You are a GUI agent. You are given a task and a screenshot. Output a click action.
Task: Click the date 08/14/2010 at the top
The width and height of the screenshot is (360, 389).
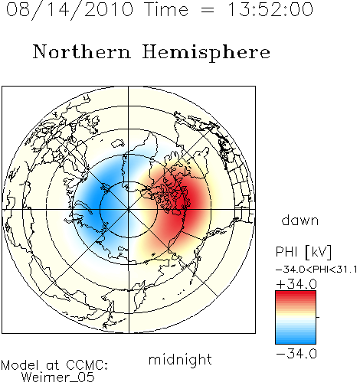[70, 10]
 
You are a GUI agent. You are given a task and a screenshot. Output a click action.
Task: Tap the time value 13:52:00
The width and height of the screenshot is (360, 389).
[270, 9]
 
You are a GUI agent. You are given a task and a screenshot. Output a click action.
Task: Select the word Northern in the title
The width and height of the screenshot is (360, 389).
[82, 52]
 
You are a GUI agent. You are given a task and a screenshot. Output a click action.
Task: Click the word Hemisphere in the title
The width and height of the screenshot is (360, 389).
[206, 53]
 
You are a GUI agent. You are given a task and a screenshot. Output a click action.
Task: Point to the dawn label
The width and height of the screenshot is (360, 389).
[300, 220]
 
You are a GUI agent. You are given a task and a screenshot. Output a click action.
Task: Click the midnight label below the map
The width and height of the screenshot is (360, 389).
[180, 360]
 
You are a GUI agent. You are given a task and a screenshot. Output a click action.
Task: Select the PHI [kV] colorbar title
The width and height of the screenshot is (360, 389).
[303, 252]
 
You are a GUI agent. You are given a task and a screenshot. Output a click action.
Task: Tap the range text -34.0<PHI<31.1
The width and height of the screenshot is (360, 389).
[316, 270]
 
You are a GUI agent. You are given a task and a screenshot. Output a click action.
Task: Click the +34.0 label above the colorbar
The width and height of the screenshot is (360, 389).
[296, 284]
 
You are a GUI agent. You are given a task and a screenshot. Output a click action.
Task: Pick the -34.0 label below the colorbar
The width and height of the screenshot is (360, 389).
[296, 354]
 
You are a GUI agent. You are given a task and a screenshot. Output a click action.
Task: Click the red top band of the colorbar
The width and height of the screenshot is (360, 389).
[296, 295]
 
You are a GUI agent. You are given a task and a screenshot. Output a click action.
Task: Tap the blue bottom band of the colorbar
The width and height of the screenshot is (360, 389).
[296, 339]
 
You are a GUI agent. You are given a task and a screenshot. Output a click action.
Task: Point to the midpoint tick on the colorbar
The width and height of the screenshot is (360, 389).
[318, 317]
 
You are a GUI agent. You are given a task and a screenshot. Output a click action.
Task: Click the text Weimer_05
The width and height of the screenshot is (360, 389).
[58, 377]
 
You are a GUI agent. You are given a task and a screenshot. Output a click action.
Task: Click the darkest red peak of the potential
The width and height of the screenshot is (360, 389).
[182, 201]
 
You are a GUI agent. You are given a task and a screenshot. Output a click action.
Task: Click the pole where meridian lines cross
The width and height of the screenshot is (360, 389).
[129, 210]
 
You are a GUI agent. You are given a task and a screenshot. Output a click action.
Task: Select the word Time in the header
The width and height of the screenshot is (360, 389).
[166, 9]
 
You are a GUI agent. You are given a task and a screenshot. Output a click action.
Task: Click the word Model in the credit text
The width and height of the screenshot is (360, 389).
[20, 365]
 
